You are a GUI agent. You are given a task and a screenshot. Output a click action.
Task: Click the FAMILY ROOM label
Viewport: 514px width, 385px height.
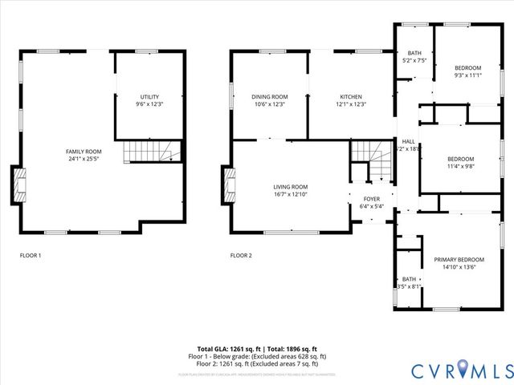click(x=84, y=151)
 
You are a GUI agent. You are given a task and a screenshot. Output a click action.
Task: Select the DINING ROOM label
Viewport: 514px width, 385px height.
click(x=270, y=96)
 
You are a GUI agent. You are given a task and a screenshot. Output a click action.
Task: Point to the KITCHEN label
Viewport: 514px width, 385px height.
click(x=351, y=96)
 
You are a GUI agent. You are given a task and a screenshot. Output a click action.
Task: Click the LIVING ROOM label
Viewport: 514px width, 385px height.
click(x=290, y=186)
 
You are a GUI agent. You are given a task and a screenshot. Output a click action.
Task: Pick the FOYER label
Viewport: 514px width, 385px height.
click(x=371, y=198)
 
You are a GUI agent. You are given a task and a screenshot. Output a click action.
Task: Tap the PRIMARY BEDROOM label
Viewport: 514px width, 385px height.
click(x=459, y=260)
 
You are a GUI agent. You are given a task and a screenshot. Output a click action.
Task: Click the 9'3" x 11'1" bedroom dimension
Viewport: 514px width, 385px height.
click(x=467, y=75)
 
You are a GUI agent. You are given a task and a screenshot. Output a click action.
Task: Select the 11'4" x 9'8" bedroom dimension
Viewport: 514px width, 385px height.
click(x=460, y=167)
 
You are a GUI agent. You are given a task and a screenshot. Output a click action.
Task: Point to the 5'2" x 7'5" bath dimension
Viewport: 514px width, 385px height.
click(x=414, y=60)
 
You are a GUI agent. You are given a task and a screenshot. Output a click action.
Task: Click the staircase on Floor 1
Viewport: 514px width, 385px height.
click(x=150, y=151)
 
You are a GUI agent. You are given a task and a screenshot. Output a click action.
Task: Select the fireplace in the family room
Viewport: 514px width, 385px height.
click(x=18, y=184)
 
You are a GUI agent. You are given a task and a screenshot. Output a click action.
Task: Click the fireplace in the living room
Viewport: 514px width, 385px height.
click(x=230, y=184)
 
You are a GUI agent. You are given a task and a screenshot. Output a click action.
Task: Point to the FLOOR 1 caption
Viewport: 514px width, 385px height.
click(x=31, y=255)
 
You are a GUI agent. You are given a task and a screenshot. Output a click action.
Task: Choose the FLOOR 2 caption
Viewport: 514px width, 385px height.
click(x=241, y=255)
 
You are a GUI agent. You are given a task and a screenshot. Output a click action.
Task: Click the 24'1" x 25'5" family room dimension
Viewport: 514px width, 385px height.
click(x=84, y=159)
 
